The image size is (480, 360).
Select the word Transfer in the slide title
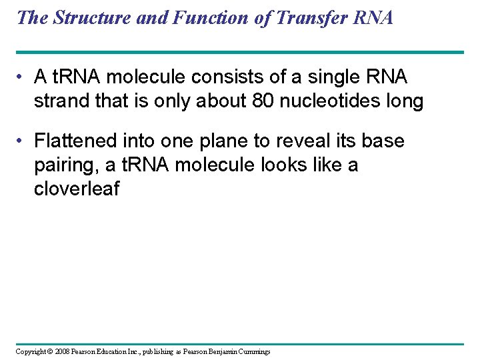pyautogui.click(x=309, y=17)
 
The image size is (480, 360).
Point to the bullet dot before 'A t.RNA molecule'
pyautogui.click(x=23, y=77)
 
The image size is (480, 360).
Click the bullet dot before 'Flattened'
pyautogui.click(x=23, y=141)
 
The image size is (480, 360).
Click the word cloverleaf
pyautogui.click(x=76, y=189)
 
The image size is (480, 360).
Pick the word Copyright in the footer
pyautogui.click(x=30, y=351)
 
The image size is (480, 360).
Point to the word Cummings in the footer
pyautogui.click(x=253, y=351)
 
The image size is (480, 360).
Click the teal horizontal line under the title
pyautogui.click(x=239, y=52)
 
